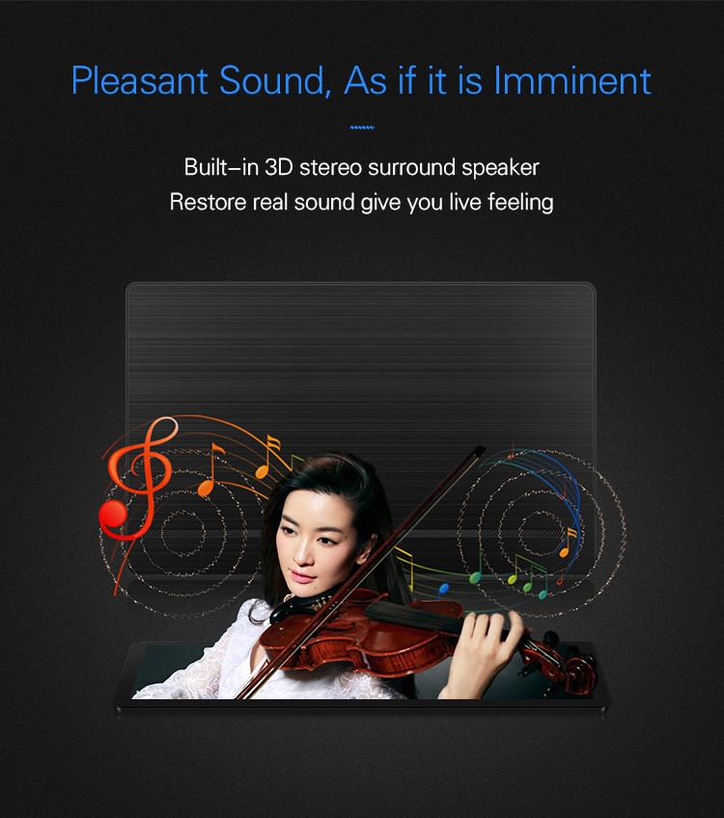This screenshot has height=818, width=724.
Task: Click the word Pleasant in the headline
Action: click(x=140, y=81)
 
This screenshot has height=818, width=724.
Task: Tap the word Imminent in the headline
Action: click(x=572, y=81)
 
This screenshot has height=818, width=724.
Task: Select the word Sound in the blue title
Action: click(x=275, y=81)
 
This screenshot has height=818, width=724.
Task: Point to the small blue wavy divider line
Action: click(x=362, y=127)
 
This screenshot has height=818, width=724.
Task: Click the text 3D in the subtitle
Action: click(x=279, y=167)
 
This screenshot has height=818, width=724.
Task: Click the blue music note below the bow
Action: click(x=443, y=588)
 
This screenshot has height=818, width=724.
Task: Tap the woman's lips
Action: click(x=299, y=577)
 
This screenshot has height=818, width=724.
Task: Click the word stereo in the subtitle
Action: click(x=331, y=167)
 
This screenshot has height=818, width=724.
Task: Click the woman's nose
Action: click(x=301, y=553)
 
